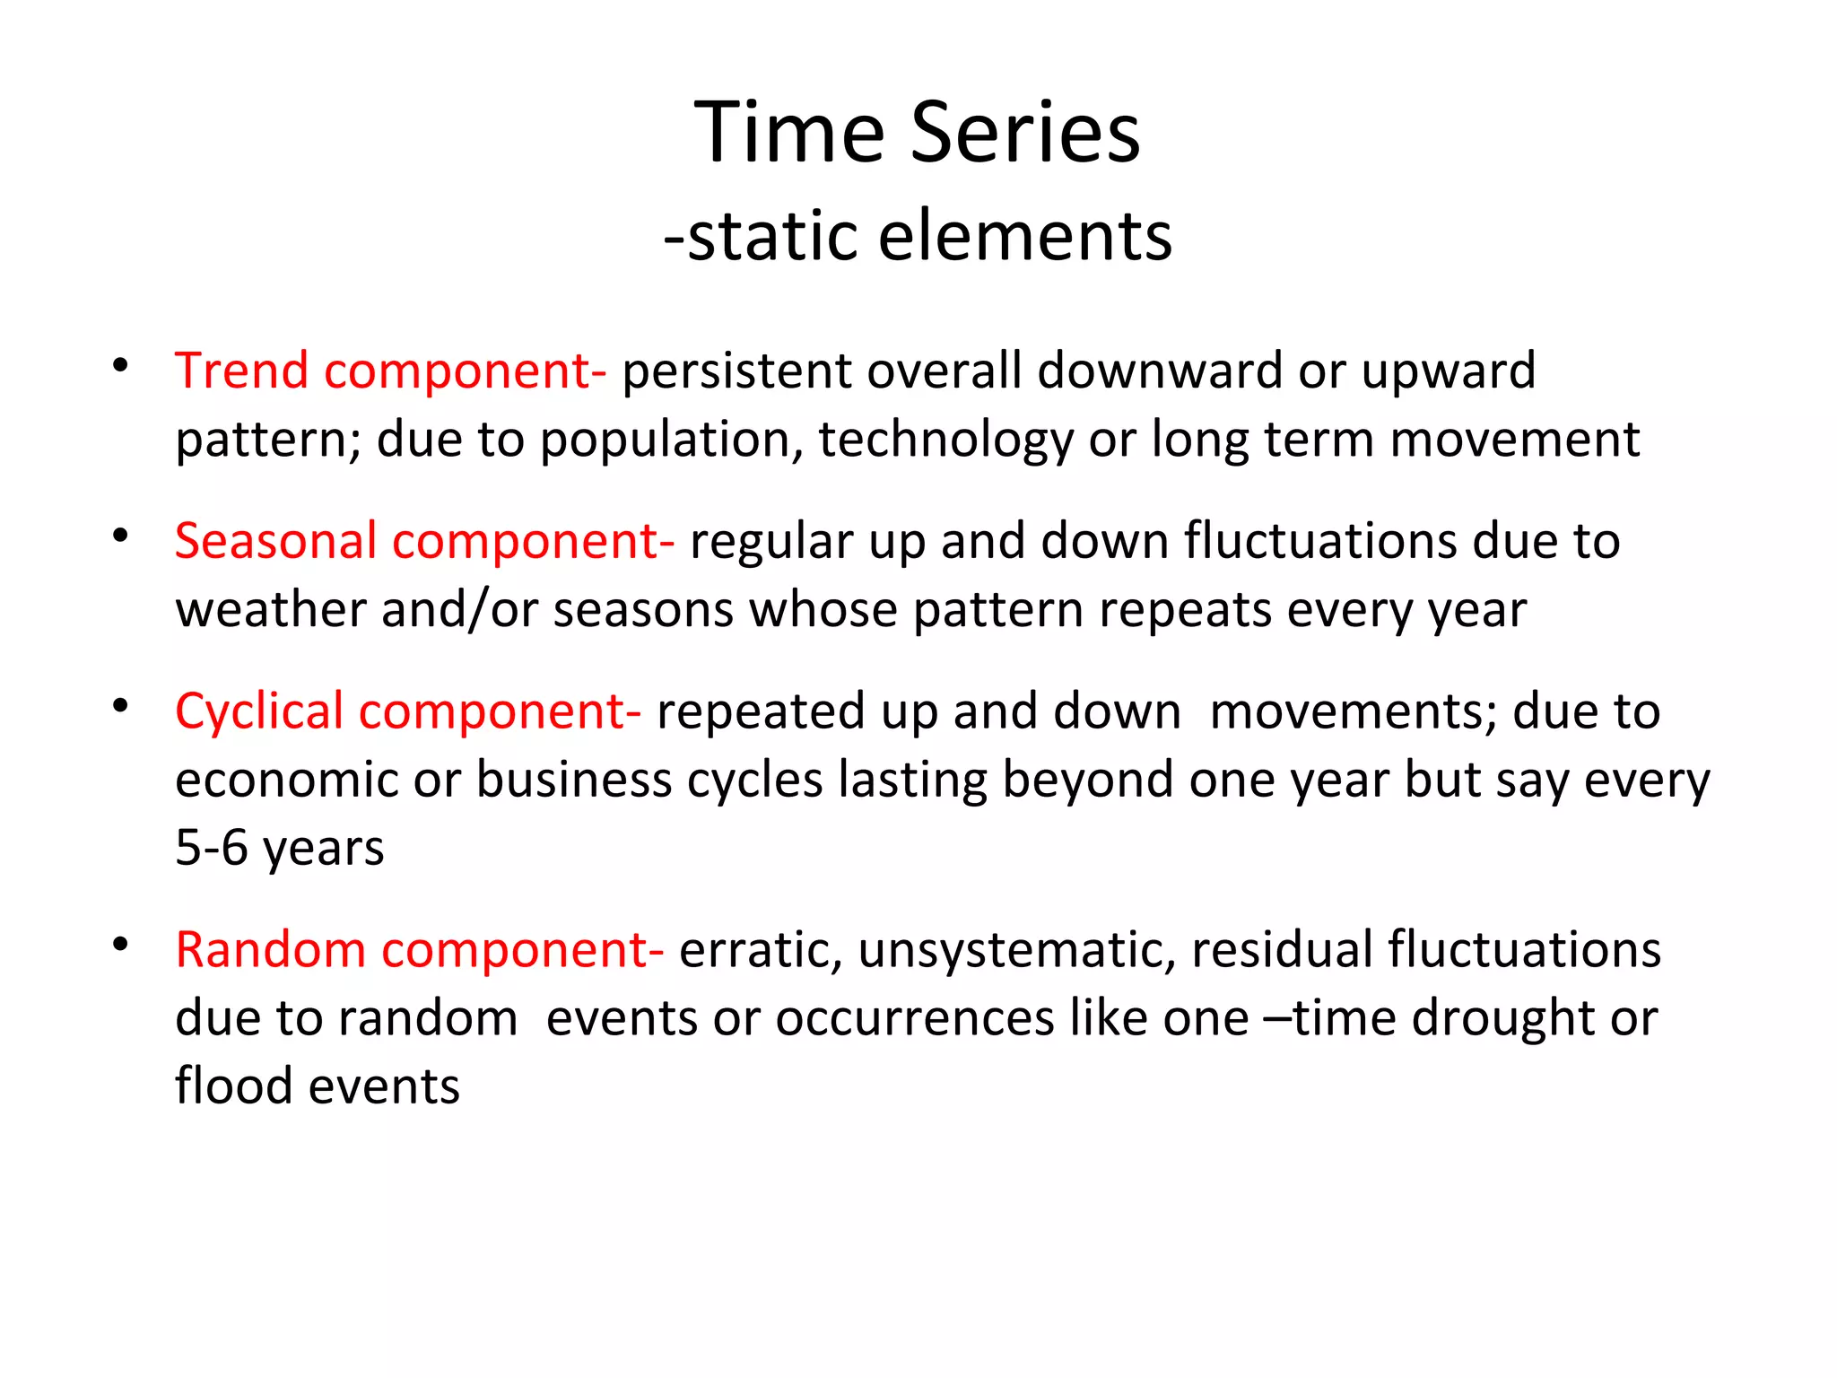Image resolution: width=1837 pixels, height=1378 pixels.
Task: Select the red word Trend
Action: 241,371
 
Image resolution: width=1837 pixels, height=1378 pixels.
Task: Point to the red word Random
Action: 270,950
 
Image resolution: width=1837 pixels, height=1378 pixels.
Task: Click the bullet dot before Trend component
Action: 120,366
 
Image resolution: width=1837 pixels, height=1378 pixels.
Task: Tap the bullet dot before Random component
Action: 120,945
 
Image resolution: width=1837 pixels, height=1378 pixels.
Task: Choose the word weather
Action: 270,611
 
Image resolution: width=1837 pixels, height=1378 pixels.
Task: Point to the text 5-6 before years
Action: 211,848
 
